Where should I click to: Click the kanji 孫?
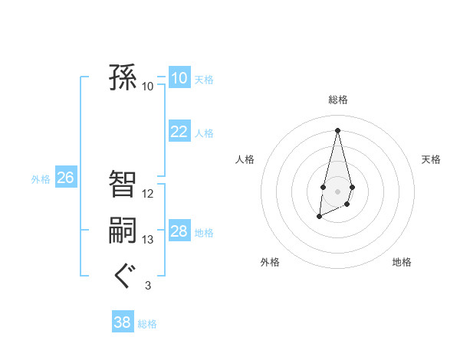tap(123, 78)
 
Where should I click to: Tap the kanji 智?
tap(123, 184)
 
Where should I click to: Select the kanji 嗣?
tap(123, 231)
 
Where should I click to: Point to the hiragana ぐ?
tap(123, 276)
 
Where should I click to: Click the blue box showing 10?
tap(179, 78)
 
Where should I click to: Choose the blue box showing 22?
tap(179, 132)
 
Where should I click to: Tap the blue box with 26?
tap(65, 178)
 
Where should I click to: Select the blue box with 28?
tap(179, 231)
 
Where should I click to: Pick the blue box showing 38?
tap(122, 322)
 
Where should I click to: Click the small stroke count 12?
tap(148, 194)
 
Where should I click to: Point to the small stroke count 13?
tap(148, 240)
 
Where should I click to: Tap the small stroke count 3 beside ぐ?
tap(147, 286)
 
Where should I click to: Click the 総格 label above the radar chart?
tap(337, 100)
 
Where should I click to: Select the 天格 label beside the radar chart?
tap(431, 159)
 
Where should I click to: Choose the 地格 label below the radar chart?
tap(402, 263)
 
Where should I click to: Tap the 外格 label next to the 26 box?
tap(41, 179)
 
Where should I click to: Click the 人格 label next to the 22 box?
tap(204, 133)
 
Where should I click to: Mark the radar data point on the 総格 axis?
tap(337, 130)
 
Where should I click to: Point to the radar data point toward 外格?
tap(319, 218)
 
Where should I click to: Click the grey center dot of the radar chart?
tap(337, 190)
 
